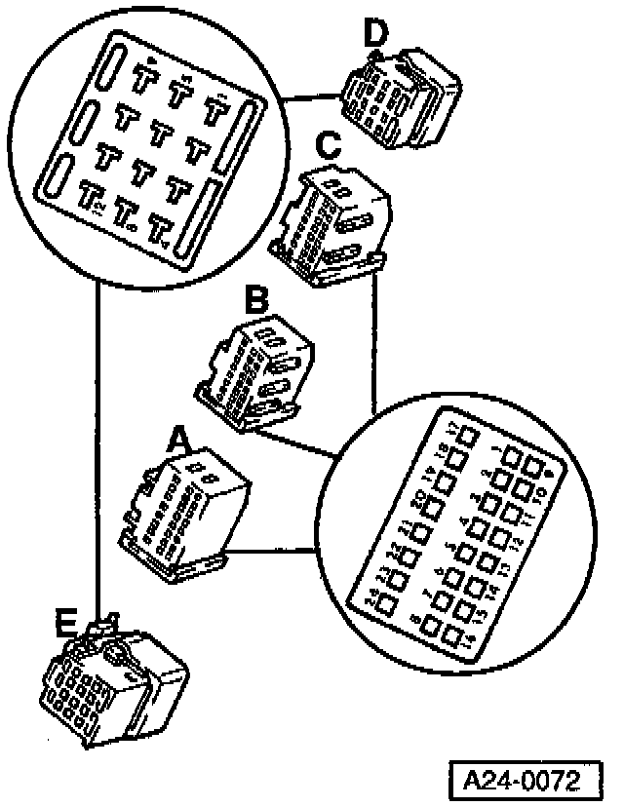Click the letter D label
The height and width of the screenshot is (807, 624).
375,34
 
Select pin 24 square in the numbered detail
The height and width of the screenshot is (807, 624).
384,604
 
